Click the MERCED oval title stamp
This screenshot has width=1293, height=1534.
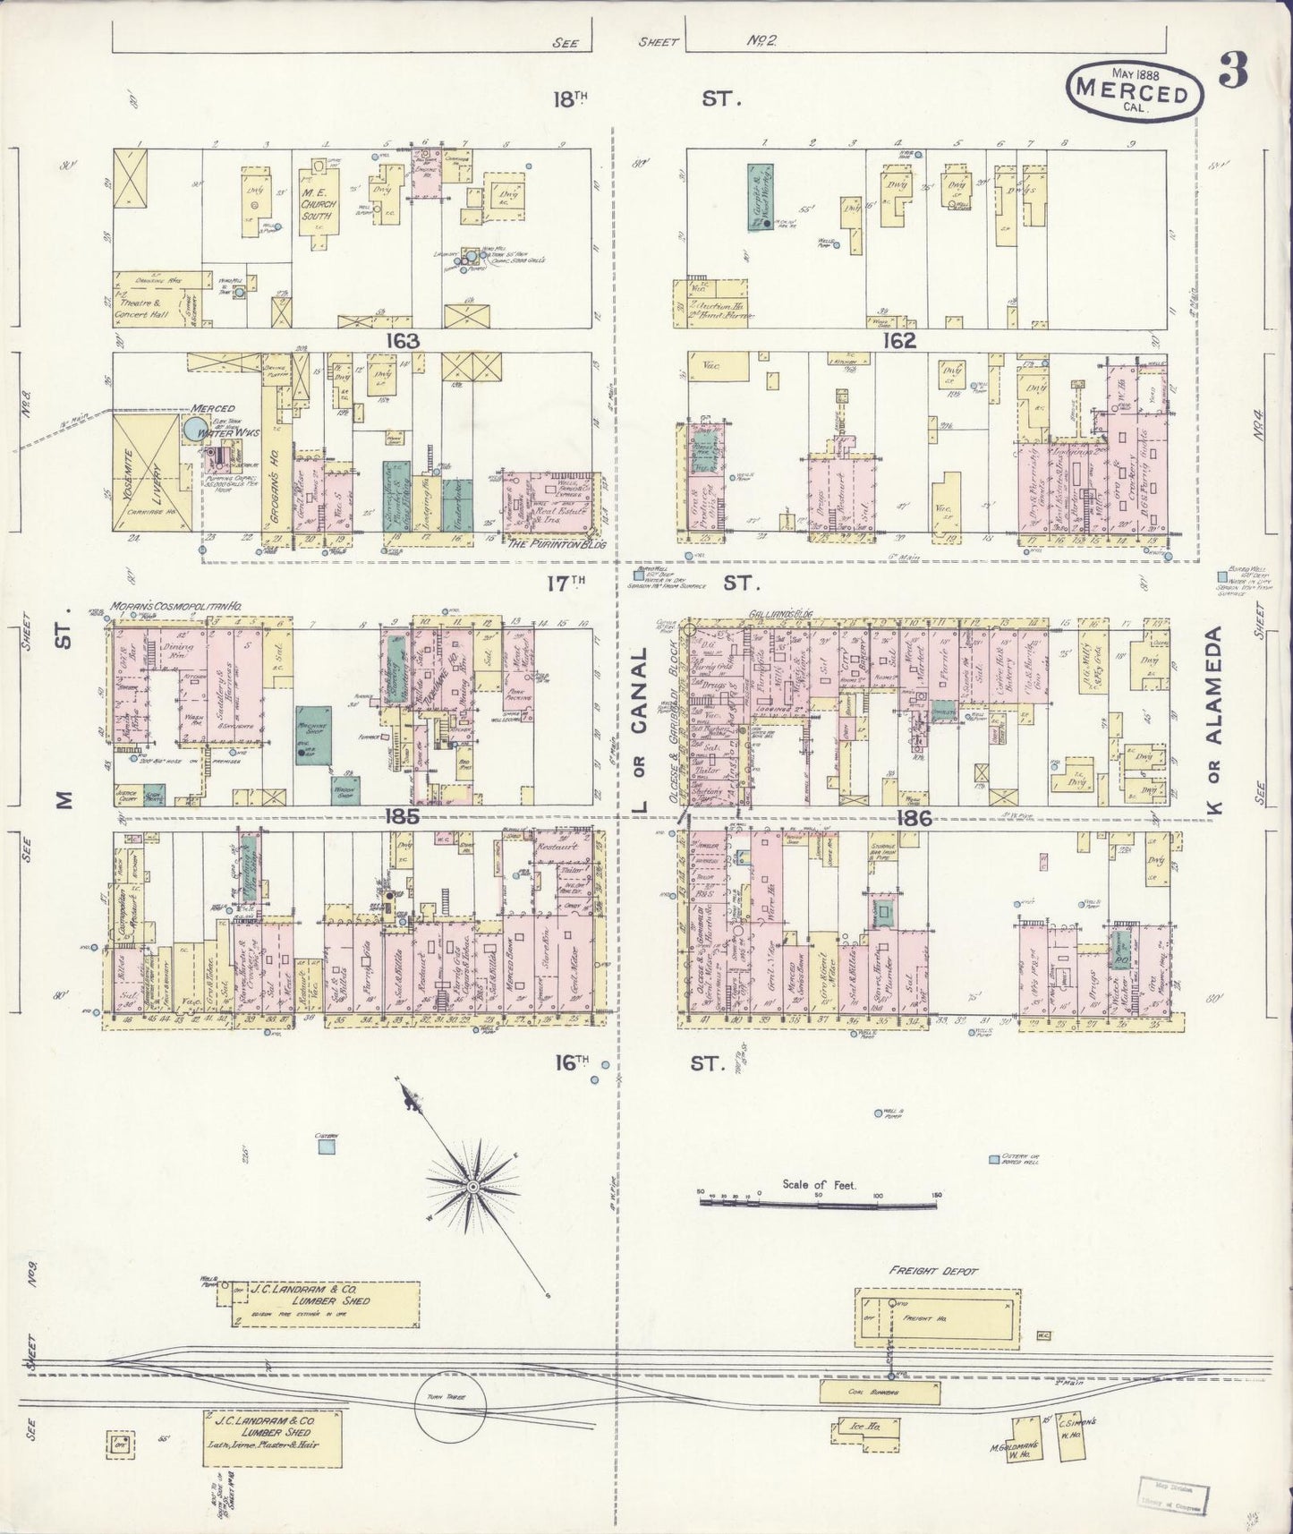point(1132,90)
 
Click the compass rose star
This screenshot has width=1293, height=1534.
point(472,1186)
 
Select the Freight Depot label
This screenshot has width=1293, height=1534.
point(933,1271)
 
